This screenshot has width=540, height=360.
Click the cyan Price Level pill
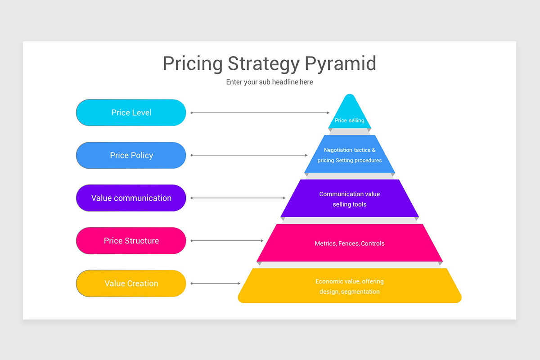(x=131, y=112)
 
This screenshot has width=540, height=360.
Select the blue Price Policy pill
(x=131, y=155)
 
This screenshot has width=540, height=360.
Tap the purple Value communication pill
(x=131, y=198)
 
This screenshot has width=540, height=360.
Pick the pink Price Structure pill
(x=131, y=241)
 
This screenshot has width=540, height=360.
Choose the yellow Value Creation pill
(x=131, y=283)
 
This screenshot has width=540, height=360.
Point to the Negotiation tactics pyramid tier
(x=350, y=155)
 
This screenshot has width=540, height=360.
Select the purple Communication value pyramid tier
(x=350, y=199)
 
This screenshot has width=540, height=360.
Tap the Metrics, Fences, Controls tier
(x=350, y=243)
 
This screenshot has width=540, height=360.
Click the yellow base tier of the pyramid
(x=350, y=286)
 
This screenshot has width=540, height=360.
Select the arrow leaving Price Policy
(x=249, y=155)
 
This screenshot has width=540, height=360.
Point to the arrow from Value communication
(x=238, y=198)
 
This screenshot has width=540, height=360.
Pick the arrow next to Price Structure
(x=227, y=241)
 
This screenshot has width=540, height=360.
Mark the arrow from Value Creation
(x=216, y=283)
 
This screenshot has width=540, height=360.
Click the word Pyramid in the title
(x=340, y=63)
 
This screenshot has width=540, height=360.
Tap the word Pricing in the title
(x=192, y=63)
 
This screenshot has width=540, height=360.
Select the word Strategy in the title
(x=263, y=63)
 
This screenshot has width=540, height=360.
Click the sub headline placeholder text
(x=269, y=82)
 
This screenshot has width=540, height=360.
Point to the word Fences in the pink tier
(x=349, y=243)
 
